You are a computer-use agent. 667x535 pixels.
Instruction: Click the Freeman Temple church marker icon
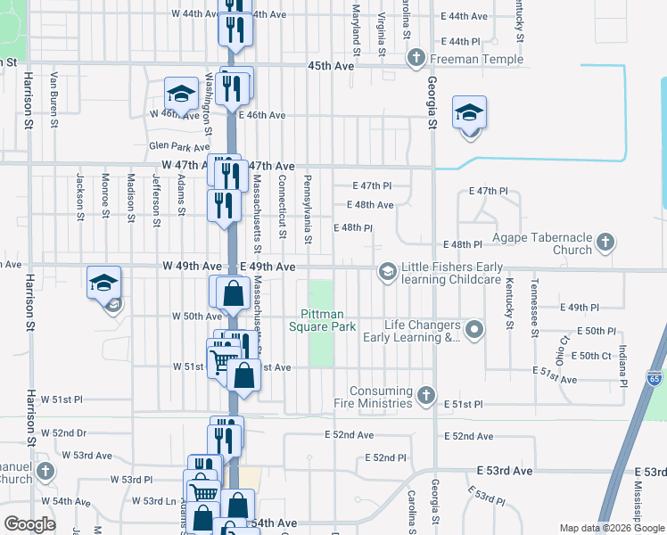(x=416, y=59)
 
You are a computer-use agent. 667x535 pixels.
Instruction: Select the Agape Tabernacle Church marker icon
(x=605, y=241)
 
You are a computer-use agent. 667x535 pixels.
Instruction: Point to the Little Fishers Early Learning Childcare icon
(x=387, y=270)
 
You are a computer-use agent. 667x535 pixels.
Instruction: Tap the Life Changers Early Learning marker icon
(x=474, y=330)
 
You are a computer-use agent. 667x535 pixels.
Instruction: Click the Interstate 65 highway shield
(x=654, y=377)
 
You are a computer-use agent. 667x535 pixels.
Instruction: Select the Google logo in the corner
(x=30, y=523)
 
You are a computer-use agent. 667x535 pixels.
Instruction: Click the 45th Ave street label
(x=331, y=66)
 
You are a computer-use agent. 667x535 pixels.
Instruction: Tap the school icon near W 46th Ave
(x=180, y=93)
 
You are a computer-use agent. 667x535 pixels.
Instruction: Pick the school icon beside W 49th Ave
(x=103, y=283)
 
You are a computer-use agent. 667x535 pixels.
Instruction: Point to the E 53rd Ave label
(x=504, y=470)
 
